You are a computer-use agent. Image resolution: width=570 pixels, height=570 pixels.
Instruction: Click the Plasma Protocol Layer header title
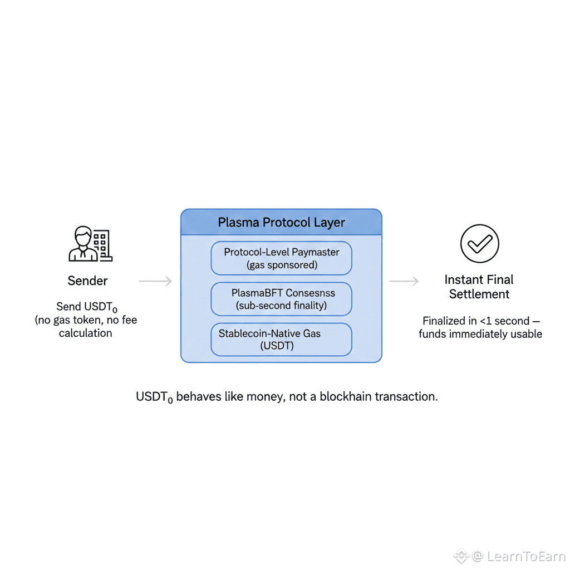click(281, 223)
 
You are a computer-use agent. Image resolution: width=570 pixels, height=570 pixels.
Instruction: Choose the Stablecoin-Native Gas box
click(281, 340)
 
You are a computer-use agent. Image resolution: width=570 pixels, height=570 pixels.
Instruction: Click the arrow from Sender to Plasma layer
click(155, 282)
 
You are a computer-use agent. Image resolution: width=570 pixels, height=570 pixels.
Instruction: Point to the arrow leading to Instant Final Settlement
click(404, 282)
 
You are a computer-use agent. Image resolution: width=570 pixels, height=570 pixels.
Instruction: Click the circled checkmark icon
click(479, 243)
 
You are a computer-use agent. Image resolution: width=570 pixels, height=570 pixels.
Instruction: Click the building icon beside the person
click(102, 245)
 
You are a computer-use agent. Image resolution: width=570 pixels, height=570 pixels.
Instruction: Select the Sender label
click(87, 281)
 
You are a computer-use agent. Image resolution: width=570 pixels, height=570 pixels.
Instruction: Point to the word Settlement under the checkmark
click(479, 294)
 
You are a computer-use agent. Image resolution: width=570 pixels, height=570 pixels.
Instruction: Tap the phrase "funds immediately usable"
click(480, 334)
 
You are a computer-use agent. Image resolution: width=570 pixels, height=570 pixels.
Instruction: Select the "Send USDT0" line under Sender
click(86, 307)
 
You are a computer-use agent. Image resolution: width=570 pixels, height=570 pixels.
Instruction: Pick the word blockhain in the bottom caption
click(346, 397)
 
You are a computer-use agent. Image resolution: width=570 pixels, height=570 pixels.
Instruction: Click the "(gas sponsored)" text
click(282, 265)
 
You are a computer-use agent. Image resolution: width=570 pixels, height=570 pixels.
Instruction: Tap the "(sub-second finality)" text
click(281, 305)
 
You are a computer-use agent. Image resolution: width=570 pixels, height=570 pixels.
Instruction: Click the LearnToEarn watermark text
click(525, 556)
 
